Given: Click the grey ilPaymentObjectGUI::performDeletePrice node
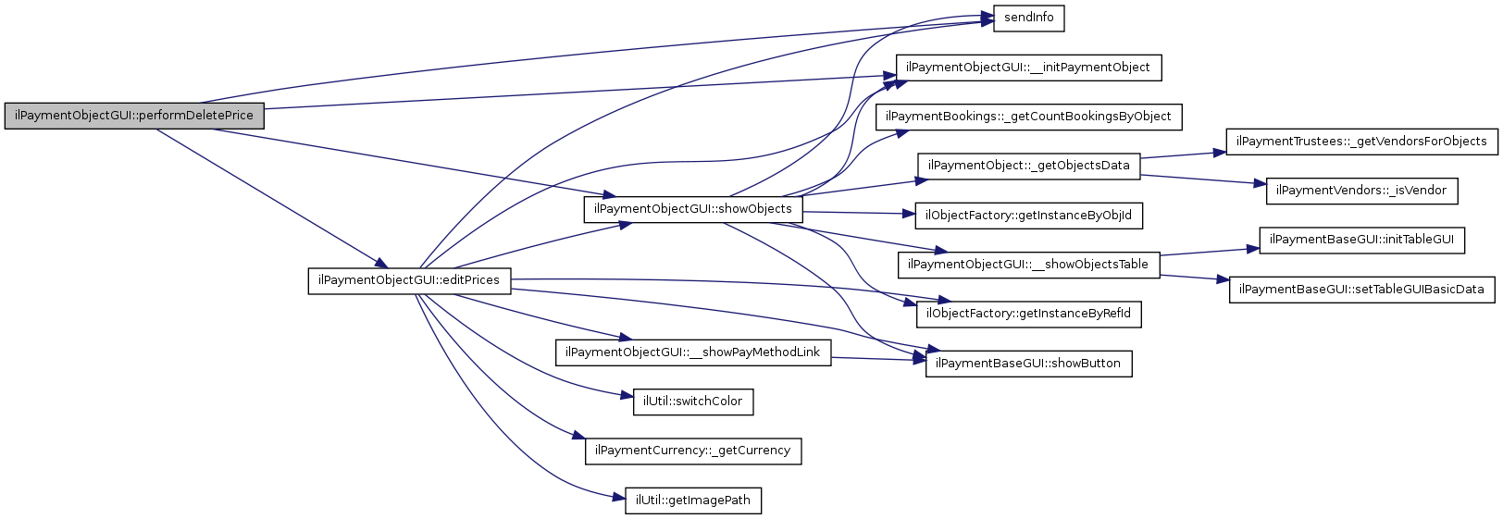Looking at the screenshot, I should click(x=134, y=117).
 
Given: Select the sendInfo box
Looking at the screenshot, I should click(x=1028, y=18).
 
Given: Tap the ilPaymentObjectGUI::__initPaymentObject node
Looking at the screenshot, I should click(x=1027, y=68).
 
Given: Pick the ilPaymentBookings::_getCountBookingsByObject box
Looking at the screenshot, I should click(x=1028, y=117).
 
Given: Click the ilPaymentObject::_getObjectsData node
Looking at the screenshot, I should click(x=1028, y=166).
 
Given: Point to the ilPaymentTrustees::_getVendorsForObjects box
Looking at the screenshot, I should click(x=1361, y=142).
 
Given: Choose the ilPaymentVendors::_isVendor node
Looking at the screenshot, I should click(x=1360, y=191).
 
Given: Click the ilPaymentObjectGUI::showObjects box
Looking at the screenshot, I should click(x=692, y=209).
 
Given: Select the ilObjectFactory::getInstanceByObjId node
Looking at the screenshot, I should click(x=1027, y=216).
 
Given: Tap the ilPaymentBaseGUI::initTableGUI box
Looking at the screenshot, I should click(x=1361, y=240).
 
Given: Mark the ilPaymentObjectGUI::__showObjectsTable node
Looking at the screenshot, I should click(x=1027, y=265).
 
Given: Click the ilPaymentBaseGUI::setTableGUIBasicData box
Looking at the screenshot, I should click(x=1361, y=290).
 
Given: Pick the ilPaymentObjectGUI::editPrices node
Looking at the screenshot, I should click(x=408, y=280).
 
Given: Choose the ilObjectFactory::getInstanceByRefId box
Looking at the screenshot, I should click(x=1027, y=314).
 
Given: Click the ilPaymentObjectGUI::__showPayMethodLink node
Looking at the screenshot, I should click(x=692, y=352).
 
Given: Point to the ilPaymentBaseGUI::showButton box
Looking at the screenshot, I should click(x=1027, y=364).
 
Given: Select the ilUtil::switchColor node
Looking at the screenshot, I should click(x=692, y=402).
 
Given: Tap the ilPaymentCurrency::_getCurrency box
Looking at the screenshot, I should click(x=692, y=451).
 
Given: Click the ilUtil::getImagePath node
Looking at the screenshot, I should click(x=692, y=500).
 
